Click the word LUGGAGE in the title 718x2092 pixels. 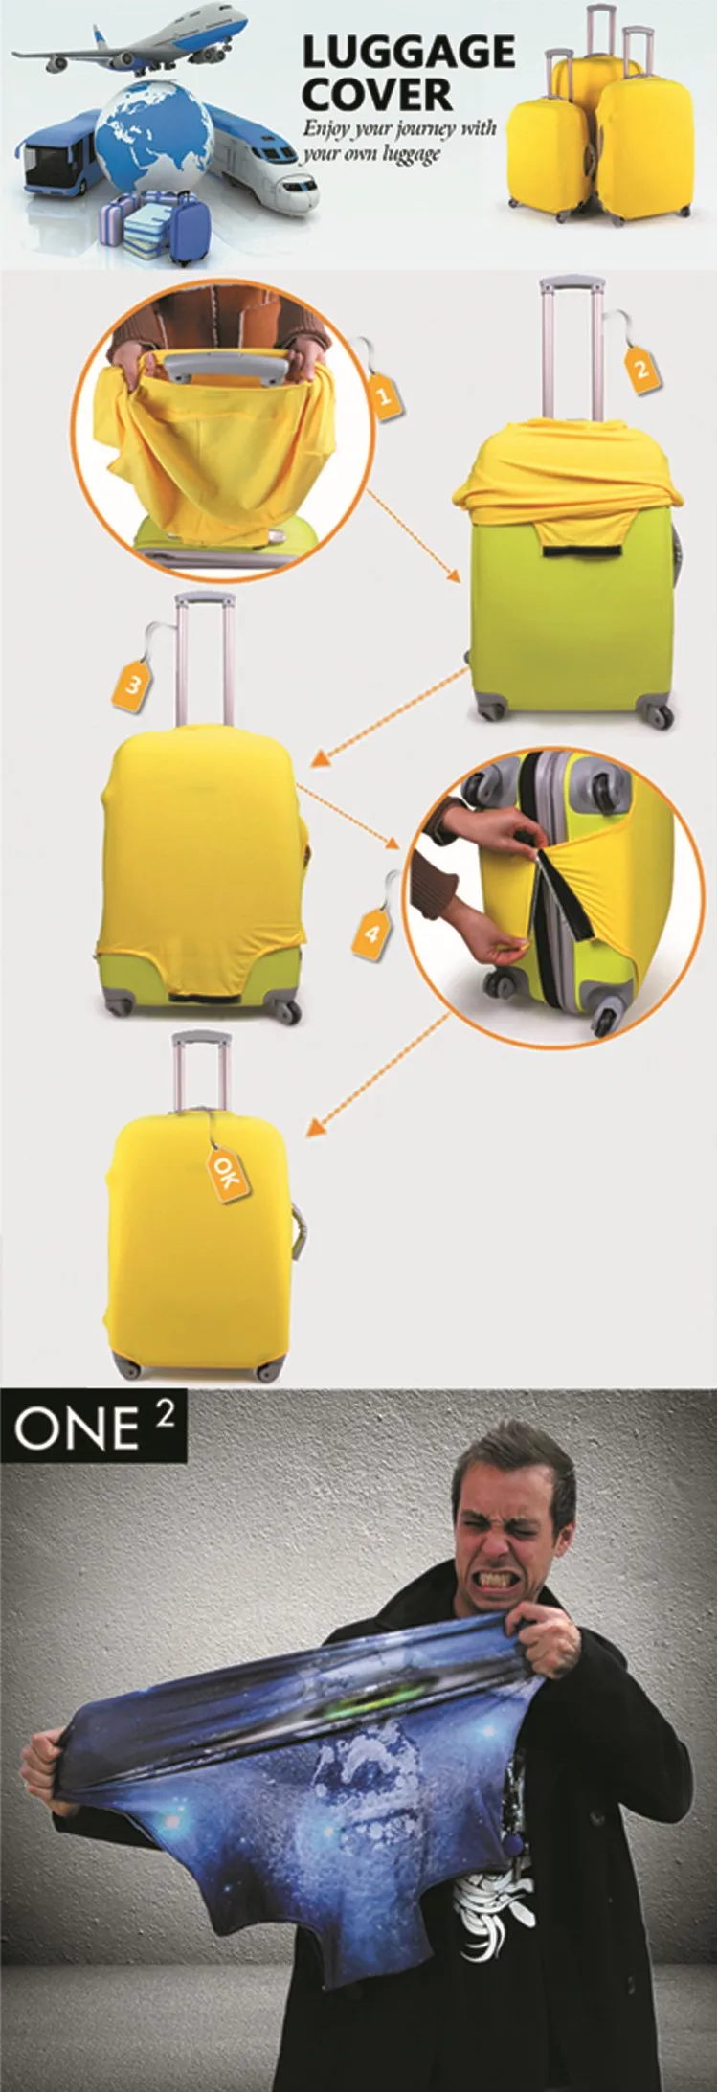click(408, 54)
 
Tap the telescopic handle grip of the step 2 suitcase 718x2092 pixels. click(572, 284)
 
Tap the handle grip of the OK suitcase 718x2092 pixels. click(202, 1040)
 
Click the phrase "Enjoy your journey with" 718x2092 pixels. click(400, 128)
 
